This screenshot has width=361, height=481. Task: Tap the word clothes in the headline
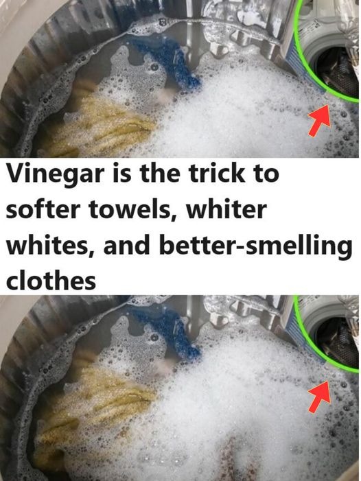click(51, 281)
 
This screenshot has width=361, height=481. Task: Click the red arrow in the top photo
click(319, 119)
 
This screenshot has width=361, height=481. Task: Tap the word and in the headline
click(126, 245)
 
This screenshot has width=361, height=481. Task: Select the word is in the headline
click(122, 173)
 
